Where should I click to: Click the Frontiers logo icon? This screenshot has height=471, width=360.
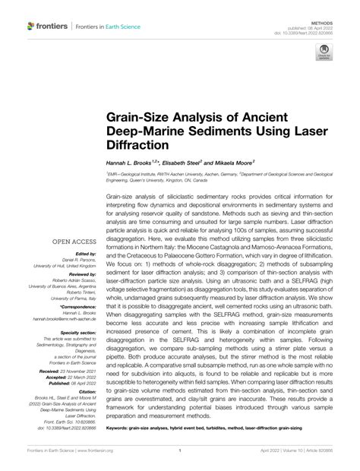click(31, 26)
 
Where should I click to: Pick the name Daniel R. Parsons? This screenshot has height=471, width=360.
click(73, 260)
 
